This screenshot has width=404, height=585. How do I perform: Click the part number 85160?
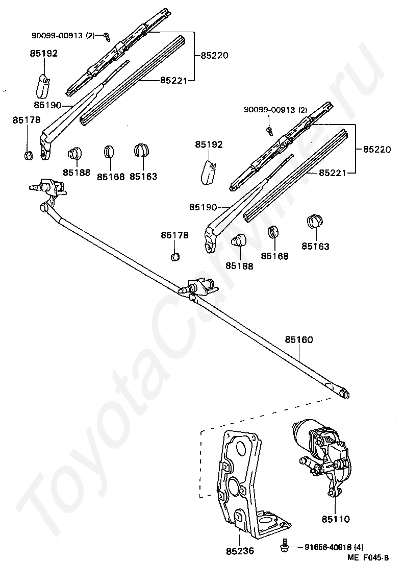tap(299, 340)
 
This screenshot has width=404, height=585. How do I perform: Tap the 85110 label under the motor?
tap(336, 519)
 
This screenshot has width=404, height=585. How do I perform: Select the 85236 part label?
tap(240, 551)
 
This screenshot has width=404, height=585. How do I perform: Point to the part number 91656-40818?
tap(328, 547)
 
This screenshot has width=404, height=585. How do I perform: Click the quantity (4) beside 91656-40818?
tap(359, 547)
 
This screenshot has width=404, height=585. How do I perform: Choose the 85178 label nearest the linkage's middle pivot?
tap(175, 235)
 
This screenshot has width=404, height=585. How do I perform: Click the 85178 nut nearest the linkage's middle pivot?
tap(175, 257)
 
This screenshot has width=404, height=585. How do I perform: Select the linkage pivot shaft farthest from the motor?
tap(35, 186)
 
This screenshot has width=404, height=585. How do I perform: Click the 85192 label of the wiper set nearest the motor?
tap(209, 144)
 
